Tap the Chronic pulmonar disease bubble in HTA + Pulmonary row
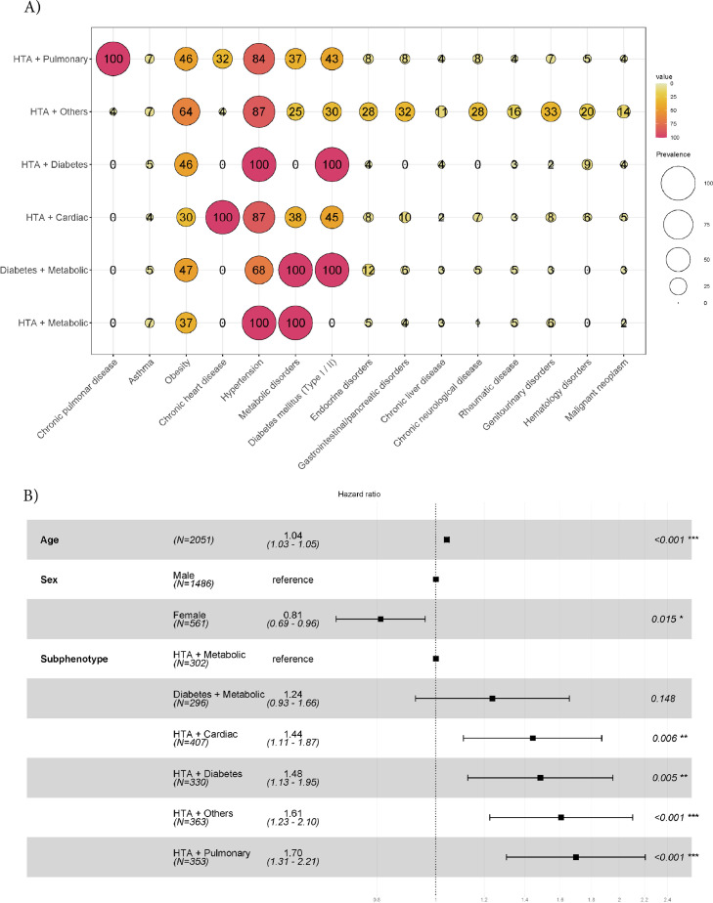112,60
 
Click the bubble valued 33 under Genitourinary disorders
552,111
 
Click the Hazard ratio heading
357,494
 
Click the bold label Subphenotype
73,659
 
